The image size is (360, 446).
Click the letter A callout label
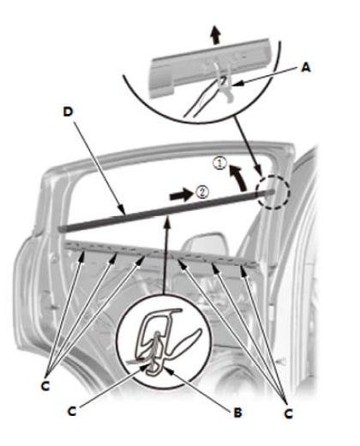point(306,68)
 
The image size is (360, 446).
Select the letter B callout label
point(237,413)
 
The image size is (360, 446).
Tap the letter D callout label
point(68,111)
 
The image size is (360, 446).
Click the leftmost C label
point(45,386)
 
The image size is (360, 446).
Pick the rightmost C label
point(289,413)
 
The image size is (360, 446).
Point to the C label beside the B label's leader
point(72,412)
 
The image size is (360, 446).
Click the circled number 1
point(219,163)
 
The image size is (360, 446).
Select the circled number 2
point(202,192)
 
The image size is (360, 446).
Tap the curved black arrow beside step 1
point(238,178)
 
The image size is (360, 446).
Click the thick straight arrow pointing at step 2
point(180,195)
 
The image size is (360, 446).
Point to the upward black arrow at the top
point(216,35)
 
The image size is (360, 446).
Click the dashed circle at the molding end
point(273,192)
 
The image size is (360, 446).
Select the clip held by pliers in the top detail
point(225,84)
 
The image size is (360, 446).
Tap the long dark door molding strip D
point(165,211)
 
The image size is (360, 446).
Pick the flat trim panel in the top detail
point(212,67)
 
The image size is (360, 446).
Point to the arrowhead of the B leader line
point(168,371)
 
